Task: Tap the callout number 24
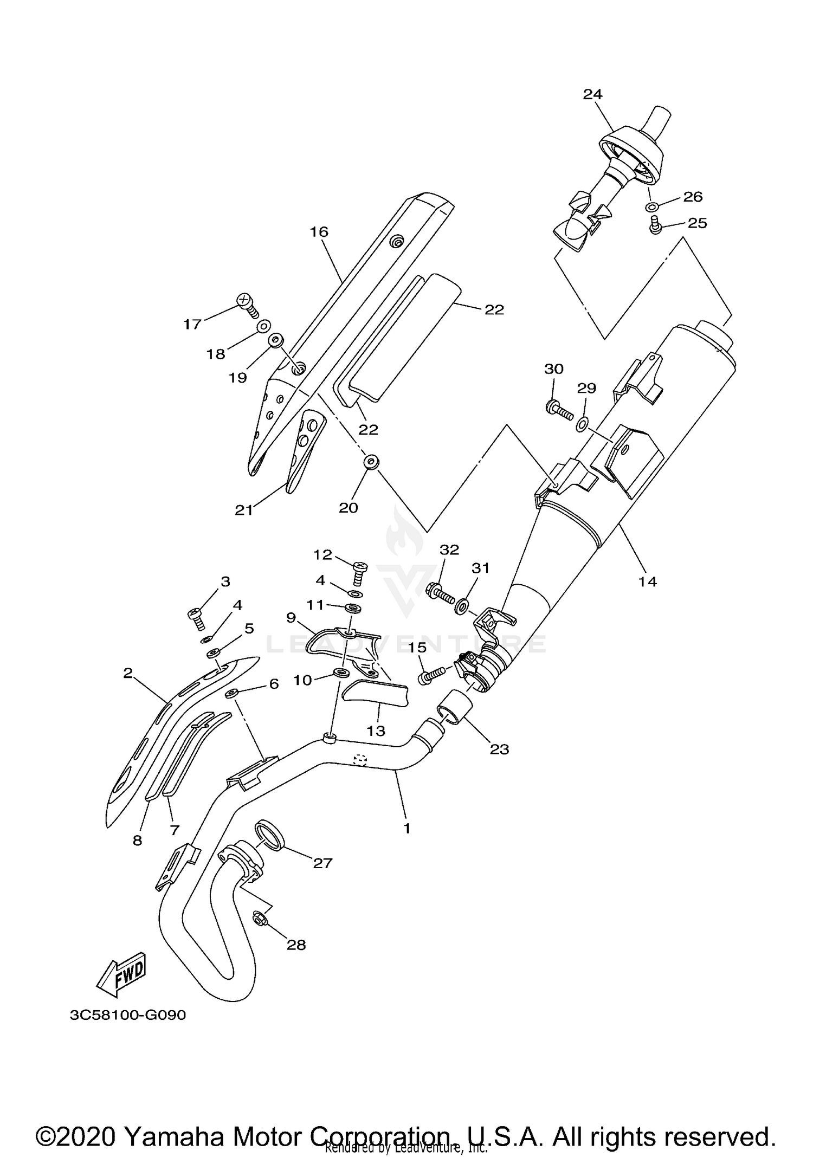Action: point(592,94)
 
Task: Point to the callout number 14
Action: point(648,581)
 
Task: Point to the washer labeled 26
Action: point(653,206)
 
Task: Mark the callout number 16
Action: point(319,232)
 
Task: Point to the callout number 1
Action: point(406,828)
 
